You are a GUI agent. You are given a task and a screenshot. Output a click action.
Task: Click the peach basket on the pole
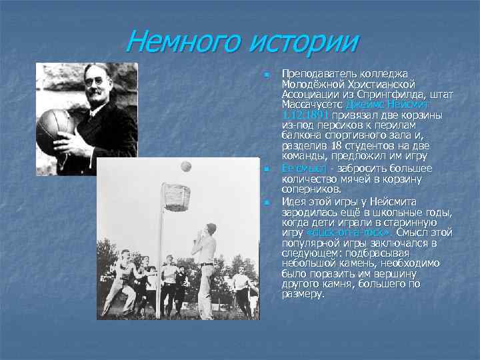point(177,197)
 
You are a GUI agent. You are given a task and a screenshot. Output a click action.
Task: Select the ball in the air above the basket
point(186,166)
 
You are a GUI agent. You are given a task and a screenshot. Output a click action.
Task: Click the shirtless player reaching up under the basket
point(206,267)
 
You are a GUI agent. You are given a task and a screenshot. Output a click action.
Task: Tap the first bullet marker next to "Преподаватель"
point(265,72)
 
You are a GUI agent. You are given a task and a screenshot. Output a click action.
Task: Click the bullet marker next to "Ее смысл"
point(265,169)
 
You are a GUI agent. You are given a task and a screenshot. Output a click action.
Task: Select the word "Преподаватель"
point(316,72)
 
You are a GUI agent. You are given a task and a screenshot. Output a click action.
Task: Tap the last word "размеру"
point(303,293)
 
